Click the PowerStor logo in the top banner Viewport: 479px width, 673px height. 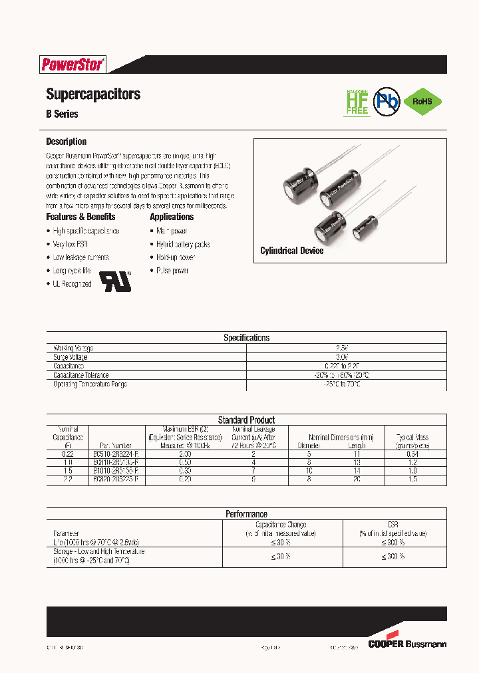coord(73,65)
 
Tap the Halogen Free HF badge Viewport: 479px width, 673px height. coord(357,102)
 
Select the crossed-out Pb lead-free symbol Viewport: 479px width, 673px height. coord(385,101)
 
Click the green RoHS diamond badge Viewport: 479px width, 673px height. coord(422,102)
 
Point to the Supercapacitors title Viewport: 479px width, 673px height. coord(93,94)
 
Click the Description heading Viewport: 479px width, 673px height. coord(66,142)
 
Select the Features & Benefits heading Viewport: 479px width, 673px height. coord(80,217)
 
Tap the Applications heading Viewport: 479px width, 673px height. coord(172,217)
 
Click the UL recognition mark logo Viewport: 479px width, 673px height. coord(116,280)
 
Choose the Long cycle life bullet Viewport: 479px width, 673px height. coord(71,271)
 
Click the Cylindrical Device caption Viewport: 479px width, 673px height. coord(291,251)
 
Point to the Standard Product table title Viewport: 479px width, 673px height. coord(246,420)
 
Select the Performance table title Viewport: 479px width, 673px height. coord(246,514)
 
